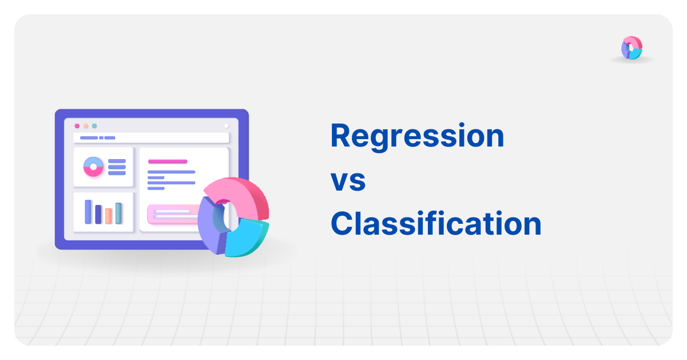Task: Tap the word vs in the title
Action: point(348,180)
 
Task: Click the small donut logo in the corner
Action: point(632,48)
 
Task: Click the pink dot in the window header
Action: point(77,126)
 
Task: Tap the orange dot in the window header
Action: point(86,126)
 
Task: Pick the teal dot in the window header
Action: point(94,126)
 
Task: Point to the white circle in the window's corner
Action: point(227,126)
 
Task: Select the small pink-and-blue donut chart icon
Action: point(93,167)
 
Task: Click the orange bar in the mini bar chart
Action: point(108,215)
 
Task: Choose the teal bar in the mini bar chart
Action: point(118,213)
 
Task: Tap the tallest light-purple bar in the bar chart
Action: point(88,212)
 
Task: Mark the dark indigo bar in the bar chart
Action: point(98,214)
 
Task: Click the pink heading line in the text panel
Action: point(168,161)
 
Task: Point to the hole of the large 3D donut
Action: point(228,215)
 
